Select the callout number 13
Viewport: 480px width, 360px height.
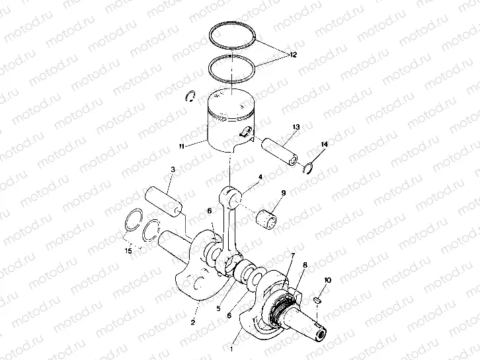pyautogui.click(x=295, y=126)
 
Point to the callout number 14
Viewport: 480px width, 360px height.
pyautogui.click(x=324, y=144)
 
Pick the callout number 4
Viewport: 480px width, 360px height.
pyautogui.click(x=260, y=177)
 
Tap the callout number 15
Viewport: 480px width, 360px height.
pyautogui.click(x=129, y=251)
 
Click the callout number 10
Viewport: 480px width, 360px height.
pyautogui.click(x=329, y=281)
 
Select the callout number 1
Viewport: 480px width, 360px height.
pyautogui.click(x=232, y=345)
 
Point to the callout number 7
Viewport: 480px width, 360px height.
pyautogui.click(x=292, y=255)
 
